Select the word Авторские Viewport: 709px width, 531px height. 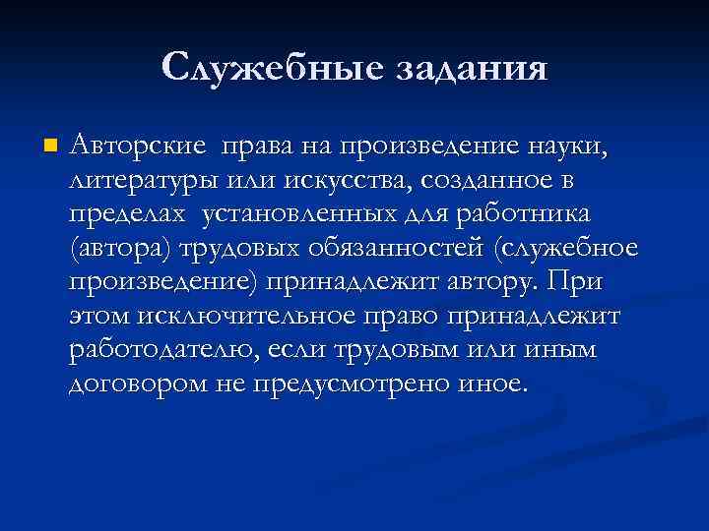139,147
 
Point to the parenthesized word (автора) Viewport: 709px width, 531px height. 121,248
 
